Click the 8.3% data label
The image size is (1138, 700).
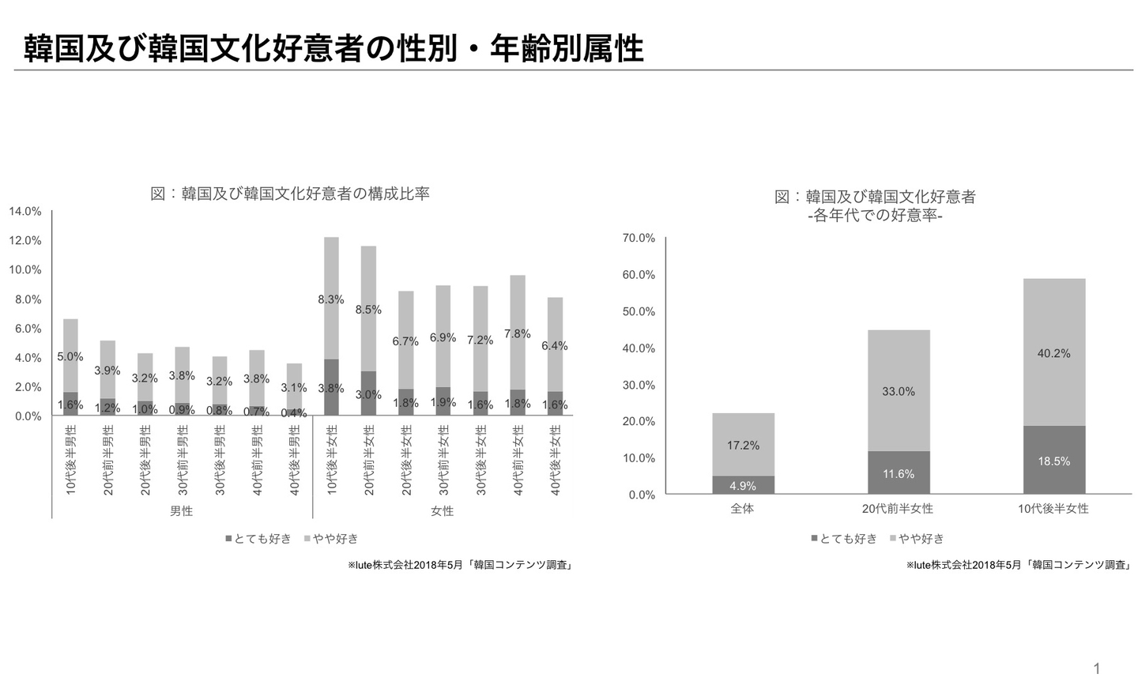(330, 299)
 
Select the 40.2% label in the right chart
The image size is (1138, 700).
(1053, 353)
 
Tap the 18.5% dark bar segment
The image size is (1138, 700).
(1053, 461)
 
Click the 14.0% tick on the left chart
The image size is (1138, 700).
(25, 211)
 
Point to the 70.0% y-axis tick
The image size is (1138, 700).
(639, 238)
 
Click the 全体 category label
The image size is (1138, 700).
(742, 509)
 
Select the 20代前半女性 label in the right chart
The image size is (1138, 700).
(898, 509)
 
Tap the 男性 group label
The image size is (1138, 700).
(181, 511)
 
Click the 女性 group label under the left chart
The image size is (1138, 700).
(442, 511)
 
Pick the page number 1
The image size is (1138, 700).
(1096, 669)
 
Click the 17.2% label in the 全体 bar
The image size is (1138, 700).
(743, 446)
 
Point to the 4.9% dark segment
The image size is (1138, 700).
(743, 485)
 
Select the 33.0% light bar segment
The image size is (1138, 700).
(899, 391)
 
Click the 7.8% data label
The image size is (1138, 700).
(517, 333)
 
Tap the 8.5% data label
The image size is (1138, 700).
(368, 310)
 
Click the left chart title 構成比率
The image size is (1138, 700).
(289, 194)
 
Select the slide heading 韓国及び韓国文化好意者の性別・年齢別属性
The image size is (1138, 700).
(333, 48)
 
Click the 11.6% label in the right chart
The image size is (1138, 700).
(899, 473)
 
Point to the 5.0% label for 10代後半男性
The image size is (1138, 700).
(70, 356)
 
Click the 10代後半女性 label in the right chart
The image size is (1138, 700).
(1053, 509)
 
